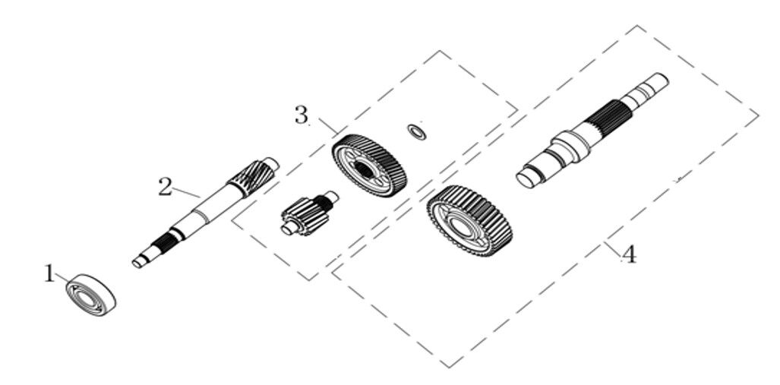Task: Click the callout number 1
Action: (49, 273)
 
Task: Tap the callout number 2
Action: (165, 187)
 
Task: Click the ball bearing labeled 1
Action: (91, 295)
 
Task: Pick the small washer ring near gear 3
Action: (417, 132)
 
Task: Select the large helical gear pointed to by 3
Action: (369, 166)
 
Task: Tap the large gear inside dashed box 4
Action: (469, 221)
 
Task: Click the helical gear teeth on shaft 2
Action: (253, 178)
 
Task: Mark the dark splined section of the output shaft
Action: (608, 119)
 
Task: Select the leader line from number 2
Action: (186, 192)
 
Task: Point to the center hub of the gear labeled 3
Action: (365, 170)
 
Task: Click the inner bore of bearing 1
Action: (89, 298)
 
